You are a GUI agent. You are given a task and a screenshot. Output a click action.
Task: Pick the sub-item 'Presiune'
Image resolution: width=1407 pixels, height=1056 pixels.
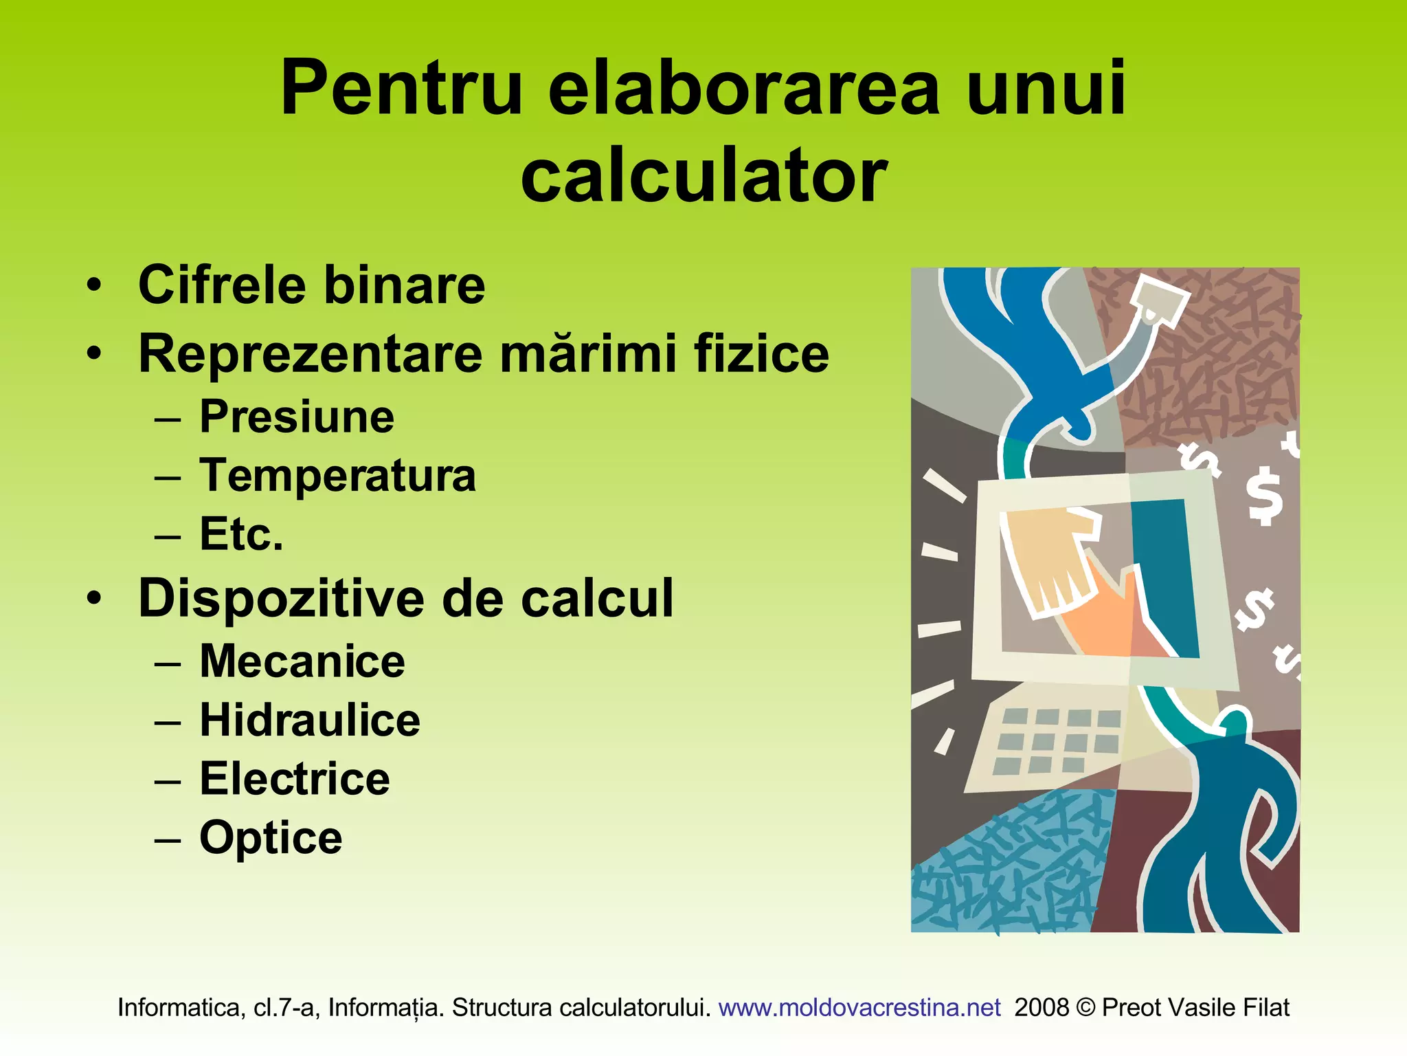pyautogui.click(x=297, y=417)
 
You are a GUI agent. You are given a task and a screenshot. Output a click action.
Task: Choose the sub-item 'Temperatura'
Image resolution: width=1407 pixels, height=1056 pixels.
pyautogui.click(x=337, y=475)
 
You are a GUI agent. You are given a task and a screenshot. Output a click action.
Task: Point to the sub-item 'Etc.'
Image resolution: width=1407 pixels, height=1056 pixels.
pyautogui.click(x=241, y=534)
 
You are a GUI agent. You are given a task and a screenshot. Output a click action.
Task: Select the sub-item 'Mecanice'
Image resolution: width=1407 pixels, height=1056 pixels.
pyautogui.click(x=302, y=661)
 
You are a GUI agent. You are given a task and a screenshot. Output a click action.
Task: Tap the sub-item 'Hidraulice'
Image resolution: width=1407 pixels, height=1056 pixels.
pyautogui.click(x=310, y=720)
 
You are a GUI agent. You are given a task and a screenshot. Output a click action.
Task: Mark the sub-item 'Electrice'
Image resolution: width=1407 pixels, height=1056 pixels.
pyautogui.click(x=295, y=779)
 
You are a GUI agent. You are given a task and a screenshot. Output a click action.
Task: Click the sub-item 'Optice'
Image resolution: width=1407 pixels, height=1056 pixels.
pyautogui.click(x=271, y=838)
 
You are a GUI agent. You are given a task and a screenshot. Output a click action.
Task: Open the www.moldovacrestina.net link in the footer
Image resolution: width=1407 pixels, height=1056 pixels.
pyautogui.click(x=859, y=1007)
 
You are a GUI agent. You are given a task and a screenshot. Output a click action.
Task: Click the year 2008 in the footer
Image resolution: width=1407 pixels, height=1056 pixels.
pyautogui.click(x=1042, y=1007)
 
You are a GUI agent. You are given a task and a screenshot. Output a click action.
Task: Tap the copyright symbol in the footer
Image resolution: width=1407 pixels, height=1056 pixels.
pyautogui.click(x=1085, y=1008)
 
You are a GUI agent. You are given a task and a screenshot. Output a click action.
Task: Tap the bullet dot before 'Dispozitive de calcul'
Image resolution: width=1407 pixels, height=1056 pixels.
pyautogui.click(x=94, y=598)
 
